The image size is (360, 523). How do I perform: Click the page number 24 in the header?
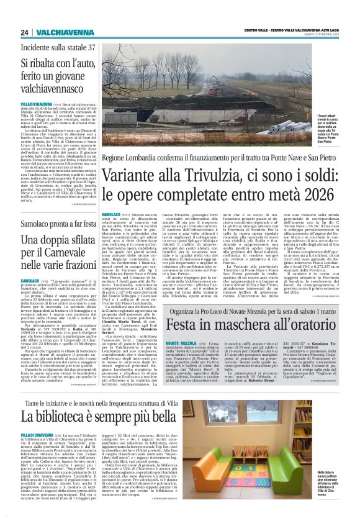click(x=24, y=32)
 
